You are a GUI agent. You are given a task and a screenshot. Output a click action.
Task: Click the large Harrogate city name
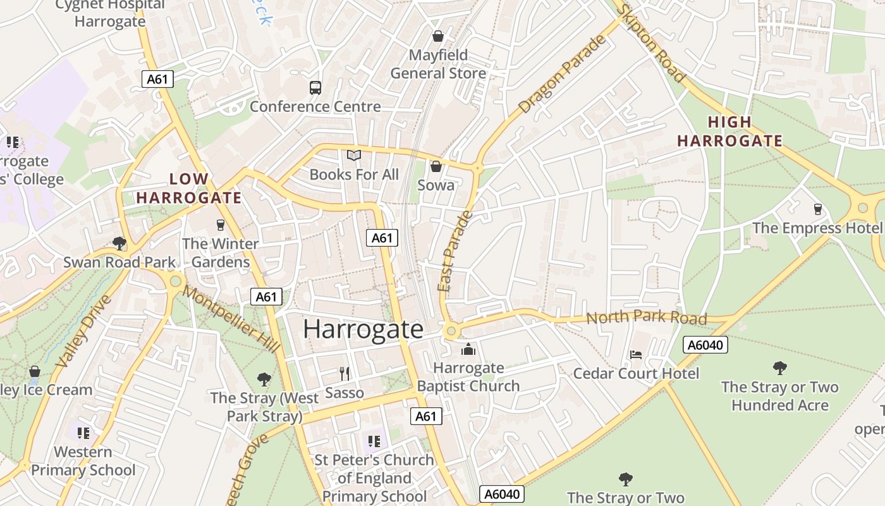tap(363, 330)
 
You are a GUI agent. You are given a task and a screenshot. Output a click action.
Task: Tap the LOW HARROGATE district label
tap(189, 188)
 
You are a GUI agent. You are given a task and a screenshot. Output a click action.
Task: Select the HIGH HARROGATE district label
tap(729, 132)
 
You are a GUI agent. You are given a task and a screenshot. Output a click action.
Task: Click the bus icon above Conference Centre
tap(315, 88)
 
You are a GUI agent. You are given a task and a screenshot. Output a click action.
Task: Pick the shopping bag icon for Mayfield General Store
tap(437, 36)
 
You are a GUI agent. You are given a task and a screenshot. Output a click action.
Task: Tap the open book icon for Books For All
tap(354, 155)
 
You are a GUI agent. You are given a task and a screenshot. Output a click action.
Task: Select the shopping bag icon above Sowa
tap(436, 166)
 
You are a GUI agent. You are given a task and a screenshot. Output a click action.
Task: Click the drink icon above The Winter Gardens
tap(220, 225)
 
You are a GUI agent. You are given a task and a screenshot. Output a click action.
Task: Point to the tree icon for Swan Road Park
tap(119, 243)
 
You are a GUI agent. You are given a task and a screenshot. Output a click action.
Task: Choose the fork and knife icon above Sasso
tap(345, 374)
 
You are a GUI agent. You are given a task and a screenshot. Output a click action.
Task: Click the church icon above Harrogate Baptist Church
tap(468, 349)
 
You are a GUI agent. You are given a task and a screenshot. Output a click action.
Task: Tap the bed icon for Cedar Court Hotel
tap(636, 355)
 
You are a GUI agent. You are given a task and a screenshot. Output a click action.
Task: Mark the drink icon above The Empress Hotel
tap(817, 209)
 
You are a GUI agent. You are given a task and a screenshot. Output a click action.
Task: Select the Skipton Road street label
tap(650, 43)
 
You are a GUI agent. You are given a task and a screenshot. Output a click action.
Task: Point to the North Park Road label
tap(646, 317)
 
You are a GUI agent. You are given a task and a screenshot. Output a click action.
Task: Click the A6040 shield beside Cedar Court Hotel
tap(705, 345)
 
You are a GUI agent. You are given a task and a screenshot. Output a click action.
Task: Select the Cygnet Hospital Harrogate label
tap(110, 13)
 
